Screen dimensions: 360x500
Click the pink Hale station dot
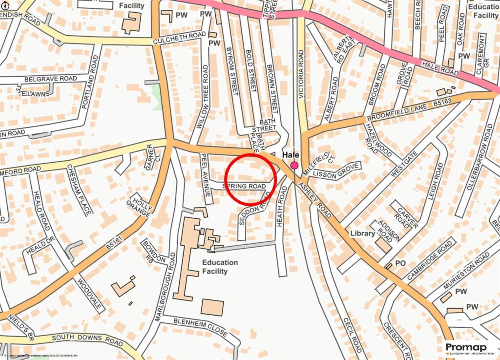coord(294,166)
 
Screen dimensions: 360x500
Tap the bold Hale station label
coord(291,155)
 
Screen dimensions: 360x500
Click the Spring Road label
coord(245,187)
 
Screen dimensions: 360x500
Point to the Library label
coord(362,233)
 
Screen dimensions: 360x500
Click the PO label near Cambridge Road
coord(400,263)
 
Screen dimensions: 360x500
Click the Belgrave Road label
coord(51,79)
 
